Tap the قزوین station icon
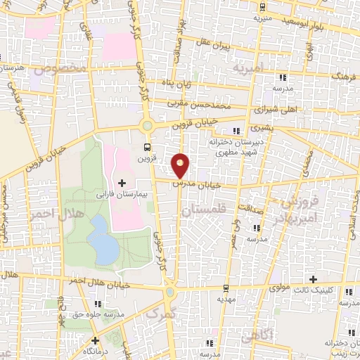[x=147, y=147]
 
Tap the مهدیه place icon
[x=226, y=289]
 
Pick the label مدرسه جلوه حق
[x=99, y=314]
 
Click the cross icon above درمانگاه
[x=96, y=340]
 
